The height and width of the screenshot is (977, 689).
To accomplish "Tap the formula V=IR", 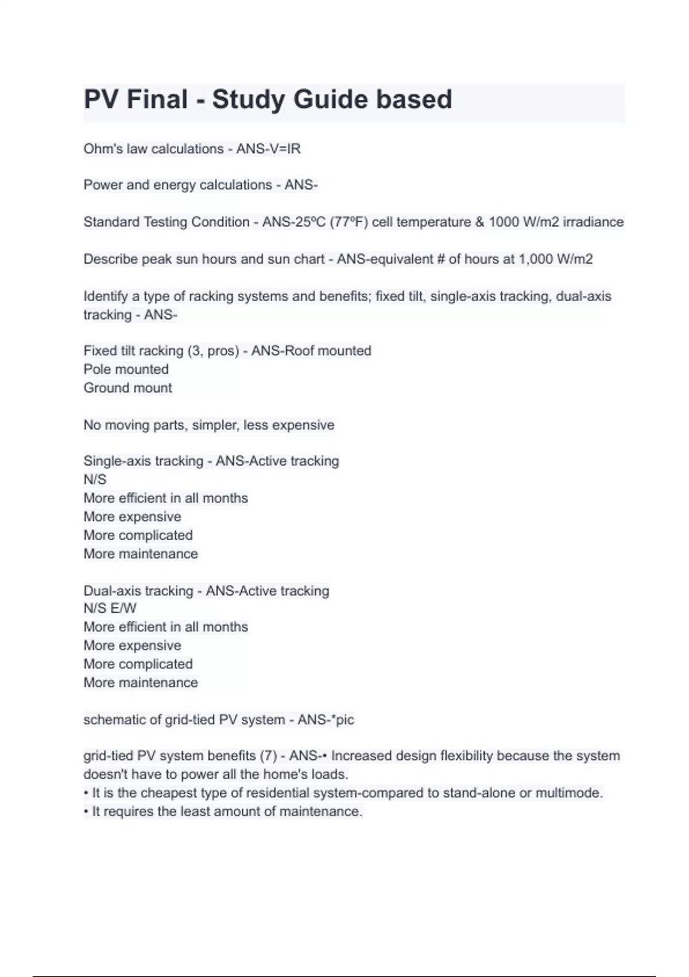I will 285,149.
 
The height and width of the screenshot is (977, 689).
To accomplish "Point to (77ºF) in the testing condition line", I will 349,222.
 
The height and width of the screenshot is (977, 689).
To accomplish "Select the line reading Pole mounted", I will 126,369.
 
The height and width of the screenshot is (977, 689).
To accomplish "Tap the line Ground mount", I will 127,388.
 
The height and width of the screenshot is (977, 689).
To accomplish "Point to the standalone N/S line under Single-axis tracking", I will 95,479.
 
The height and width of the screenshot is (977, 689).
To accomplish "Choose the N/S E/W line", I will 110,608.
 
